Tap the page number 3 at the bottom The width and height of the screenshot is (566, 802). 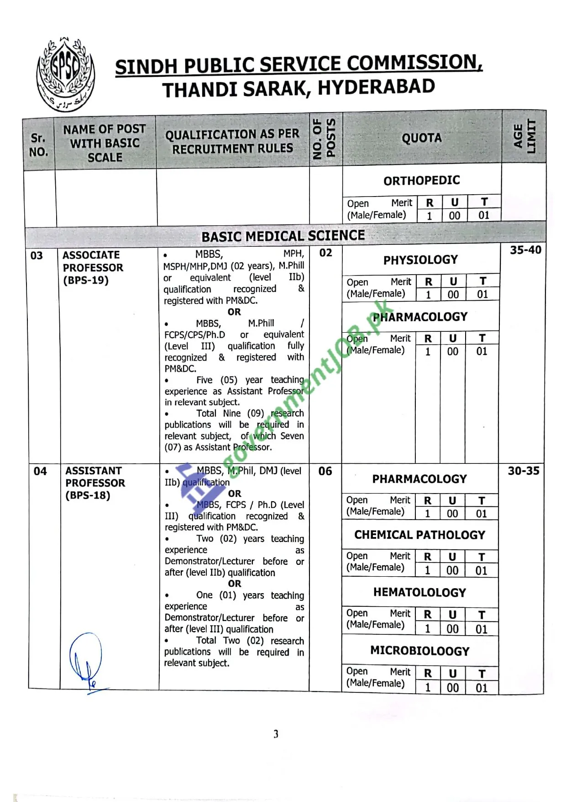tap(276, 734)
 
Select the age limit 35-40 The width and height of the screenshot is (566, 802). tap(525, 250)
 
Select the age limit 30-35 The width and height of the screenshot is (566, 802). tap(524, 471)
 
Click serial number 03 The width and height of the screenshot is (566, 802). tap(37, 255)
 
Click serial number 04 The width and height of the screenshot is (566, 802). tap(40, 471)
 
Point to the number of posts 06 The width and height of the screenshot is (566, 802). tap(325, 471)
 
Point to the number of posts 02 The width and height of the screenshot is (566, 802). tap(325, 253)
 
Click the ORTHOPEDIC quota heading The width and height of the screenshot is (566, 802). tap(421, 181)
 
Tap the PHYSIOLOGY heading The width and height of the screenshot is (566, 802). tap(420, 260)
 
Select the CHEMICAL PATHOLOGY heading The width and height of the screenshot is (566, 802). tap(419, 535)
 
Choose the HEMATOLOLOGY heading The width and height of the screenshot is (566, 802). tap(419, 592)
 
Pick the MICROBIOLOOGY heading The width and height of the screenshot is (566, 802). tap(419, 651)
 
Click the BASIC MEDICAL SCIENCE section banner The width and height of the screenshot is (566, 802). tap(283, 236)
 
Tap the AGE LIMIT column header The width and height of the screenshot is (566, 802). tap(524, 137)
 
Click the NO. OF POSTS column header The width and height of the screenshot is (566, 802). tap(325, 138)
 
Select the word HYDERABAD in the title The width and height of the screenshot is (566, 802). tap(376, 87)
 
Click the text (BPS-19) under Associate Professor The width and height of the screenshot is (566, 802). tap(86, 280)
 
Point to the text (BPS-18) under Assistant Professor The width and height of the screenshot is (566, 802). tap(88, 495)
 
